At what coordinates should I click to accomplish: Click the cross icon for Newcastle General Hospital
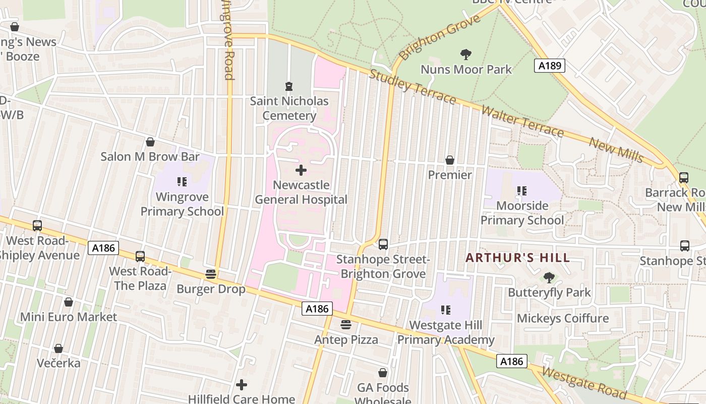301,170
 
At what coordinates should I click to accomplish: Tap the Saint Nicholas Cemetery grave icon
288,86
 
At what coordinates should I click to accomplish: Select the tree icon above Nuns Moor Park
466,54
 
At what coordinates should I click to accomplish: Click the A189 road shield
550,66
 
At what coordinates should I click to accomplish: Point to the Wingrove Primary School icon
182,182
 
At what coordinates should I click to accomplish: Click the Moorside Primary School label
522,213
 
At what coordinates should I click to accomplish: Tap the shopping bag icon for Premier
449,160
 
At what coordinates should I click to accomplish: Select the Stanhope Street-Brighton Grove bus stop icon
383,244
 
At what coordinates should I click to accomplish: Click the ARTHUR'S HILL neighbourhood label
517,258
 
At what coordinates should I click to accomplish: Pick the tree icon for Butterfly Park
549,277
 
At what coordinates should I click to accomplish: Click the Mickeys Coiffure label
563,319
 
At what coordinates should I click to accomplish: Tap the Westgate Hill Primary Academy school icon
445,310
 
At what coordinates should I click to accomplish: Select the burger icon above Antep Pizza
346,324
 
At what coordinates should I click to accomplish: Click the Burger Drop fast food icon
211,274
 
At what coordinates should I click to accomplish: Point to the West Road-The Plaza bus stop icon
140,257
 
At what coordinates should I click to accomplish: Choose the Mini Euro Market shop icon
69,302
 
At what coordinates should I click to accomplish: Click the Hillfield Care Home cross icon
242,385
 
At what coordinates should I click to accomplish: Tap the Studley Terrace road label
412,86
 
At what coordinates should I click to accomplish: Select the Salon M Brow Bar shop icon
150,142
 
